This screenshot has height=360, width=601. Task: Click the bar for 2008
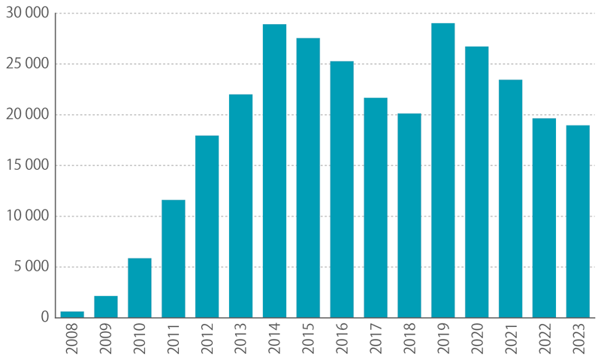pyautogui.click(x=72, y=314)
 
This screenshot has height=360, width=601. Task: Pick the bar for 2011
pyautogui.click(x=174, y=259)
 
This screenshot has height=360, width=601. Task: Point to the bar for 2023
pyautogui.click(x=578, y=221)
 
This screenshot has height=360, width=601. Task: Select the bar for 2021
pyautogui.click(x=510, y=198)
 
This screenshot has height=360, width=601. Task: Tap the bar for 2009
pyautogui.click(x=106, y=307)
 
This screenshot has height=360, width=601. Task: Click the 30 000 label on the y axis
pyautogui.click(x=27, y=14)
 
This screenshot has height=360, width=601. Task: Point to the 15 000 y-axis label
pyautogui.click(x=27, y=165)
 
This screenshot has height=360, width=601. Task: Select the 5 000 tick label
pyautogui.click(x=31, y=267)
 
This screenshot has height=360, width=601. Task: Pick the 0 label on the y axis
pyautogui.click(x=45, y=317)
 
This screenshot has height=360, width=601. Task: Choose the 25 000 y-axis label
pyautogui.click(x=27, y=64)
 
